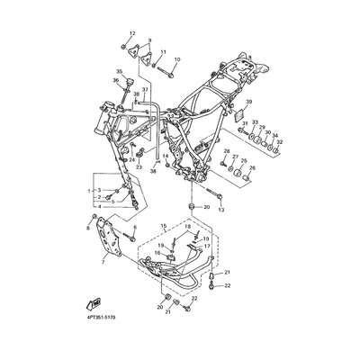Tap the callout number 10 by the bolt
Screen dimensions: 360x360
pos(176,60)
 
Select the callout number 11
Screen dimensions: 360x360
pos(163,53)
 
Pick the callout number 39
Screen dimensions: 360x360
pos(248,102)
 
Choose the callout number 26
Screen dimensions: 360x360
pos(252,167)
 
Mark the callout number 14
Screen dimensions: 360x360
pos(165,156)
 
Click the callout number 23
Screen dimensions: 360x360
pos(139,166)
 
